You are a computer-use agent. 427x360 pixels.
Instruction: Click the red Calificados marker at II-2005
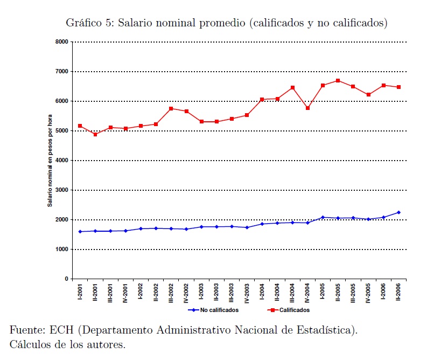click(x=338, y=81)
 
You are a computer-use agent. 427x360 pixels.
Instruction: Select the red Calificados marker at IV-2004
click(x=307, y=108)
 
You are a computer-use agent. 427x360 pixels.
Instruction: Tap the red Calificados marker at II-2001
click(x=95, y=134)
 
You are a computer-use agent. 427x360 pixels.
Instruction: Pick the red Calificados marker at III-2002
click(x=171, y=108)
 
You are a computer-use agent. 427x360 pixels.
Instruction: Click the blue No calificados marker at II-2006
click(x=398, y=212)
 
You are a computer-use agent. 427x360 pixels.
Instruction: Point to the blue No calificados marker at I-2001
click(x=80, y=232)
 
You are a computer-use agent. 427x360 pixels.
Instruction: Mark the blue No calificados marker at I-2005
click(x=323, y=217)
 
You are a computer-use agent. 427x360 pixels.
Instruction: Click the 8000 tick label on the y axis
click(x=61, y=42)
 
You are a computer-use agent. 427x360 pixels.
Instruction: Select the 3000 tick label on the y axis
click(x=61, y=190)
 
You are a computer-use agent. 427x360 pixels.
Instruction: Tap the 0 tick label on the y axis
click(x=66, y=279)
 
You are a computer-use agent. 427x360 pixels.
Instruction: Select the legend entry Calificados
click(x=294, y=310)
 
